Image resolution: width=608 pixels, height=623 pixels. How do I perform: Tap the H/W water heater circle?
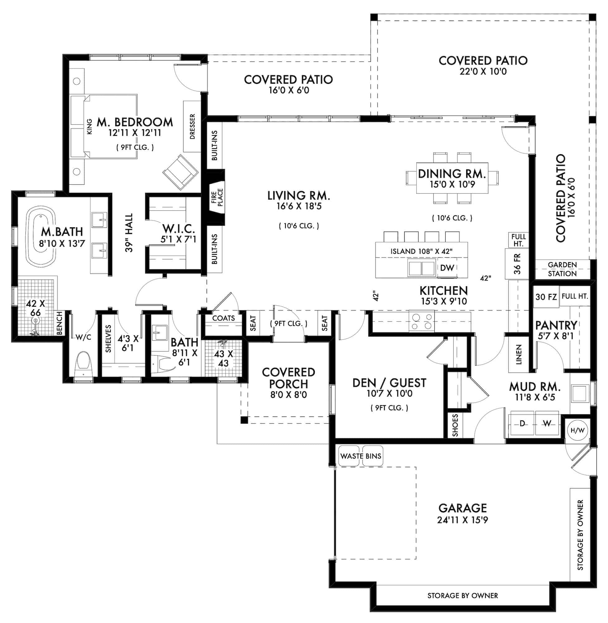[577, 430]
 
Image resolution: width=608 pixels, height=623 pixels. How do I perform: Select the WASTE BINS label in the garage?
[361, 456]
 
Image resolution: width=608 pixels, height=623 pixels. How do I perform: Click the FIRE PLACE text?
[217, 197]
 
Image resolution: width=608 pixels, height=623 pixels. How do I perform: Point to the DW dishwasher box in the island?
[447, 268]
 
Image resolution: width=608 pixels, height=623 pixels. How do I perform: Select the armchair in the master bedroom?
[180, 172]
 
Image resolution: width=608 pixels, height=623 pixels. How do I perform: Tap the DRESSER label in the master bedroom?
[192, 126]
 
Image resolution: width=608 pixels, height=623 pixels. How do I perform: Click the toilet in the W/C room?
[83, 364]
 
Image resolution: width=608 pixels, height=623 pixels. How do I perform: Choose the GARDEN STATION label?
[562, 269]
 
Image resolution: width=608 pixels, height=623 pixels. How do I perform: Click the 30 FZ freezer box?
[546, 297]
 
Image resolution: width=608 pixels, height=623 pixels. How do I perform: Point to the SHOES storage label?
[455, 425]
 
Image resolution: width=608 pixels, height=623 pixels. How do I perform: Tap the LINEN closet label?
[519, 354]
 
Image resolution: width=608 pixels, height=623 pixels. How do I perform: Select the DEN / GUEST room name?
[389, 383]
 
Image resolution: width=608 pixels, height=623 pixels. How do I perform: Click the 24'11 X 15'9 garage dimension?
[462, 520]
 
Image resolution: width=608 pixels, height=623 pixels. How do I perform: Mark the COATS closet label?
[223, 318]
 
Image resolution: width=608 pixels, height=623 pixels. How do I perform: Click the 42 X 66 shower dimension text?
[35, 308]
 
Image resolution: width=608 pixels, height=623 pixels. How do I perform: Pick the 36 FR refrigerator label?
[517, 264]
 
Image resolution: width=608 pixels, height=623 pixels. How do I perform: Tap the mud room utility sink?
[580, 393]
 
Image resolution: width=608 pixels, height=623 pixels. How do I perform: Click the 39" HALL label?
[129, 233]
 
